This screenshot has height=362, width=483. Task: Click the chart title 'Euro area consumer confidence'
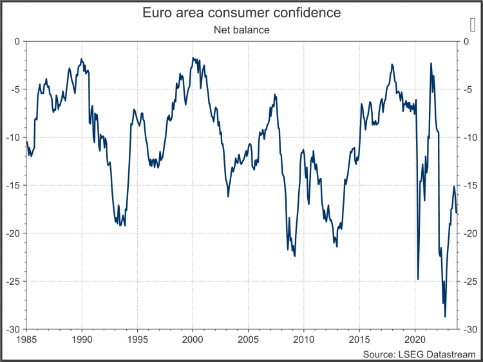[x=241, y=13]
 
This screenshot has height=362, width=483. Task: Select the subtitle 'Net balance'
[x=241, y=29]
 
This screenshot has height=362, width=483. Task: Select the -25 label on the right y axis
[x=471, y=281]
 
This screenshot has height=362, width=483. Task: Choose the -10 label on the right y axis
[x=471, y=137]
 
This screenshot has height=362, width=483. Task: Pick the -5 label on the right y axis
[x=469, y=89]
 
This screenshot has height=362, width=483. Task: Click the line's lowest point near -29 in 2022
[x=445, y=316]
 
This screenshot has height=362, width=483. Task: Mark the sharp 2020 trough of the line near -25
[x=418, y=279]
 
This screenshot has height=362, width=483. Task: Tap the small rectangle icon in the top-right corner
[x=473, y=24]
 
